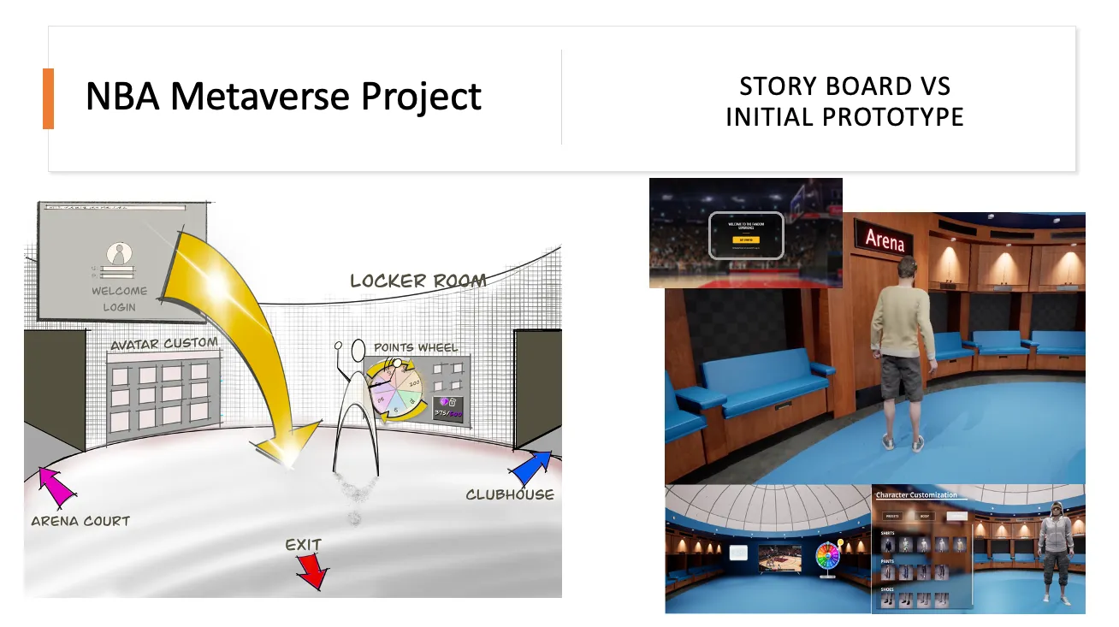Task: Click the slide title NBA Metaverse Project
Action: click(283, 96)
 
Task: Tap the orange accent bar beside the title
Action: click(48, 98)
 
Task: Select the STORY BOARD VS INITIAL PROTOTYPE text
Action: click(844, 101)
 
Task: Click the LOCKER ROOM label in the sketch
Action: click(418, 281)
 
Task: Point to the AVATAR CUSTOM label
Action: click(164, 343)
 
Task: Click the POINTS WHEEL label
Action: click(416, 347)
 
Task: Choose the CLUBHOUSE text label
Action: click(510, 494)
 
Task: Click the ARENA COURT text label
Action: click(80, 520)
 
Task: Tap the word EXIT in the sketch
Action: click(303, 544)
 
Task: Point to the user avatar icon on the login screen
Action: click(119, 254)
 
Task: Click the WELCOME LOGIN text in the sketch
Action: click(119, 299)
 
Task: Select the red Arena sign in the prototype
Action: click(885, 240)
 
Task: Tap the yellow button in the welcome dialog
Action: click(746, 240)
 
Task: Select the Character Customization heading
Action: click(916, 495)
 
